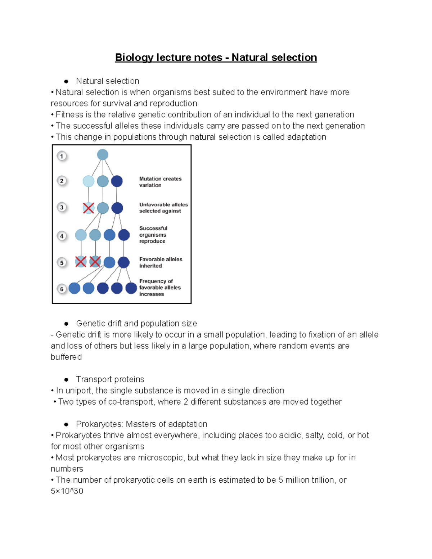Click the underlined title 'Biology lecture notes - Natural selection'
(x=216, y=58)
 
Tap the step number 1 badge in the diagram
(x=62, y=156)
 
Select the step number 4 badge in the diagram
(x=62, y=236)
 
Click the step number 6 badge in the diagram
(x=62, y=289)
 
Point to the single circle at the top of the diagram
(x=103, y=155)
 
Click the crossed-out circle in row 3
(x=89, y=208)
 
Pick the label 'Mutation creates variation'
(x=160, y=182)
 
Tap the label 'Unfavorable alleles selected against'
(x=163, y=208)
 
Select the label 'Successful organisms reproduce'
(x=153, y=235)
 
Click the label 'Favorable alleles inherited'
(x=161, y=262)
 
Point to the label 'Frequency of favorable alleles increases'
(x=159, y=288)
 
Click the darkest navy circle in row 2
(x=117, y=181)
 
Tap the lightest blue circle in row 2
(x=89, y=181)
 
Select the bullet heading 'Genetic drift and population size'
(x=136, y=324)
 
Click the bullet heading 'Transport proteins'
(x=110, y=379)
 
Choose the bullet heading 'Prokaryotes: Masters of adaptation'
(x=141, y=424)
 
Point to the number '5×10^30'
(x=67, y=491)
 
